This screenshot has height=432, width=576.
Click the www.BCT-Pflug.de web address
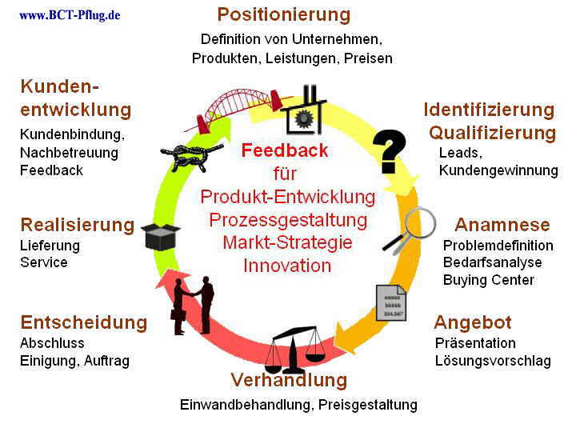70,14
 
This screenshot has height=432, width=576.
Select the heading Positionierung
284,14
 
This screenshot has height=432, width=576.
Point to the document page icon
391,303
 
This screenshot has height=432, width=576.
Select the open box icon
161,235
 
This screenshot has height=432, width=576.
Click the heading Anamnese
502,225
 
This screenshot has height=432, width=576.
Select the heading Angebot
473,322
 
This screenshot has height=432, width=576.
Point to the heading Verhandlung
289,379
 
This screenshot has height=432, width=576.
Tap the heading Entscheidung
84,322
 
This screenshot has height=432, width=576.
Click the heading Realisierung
78,225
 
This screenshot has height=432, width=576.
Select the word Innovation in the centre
287,266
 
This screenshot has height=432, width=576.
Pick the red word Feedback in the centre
285,150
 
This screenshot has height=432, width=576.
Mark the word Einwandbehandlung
246,405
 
